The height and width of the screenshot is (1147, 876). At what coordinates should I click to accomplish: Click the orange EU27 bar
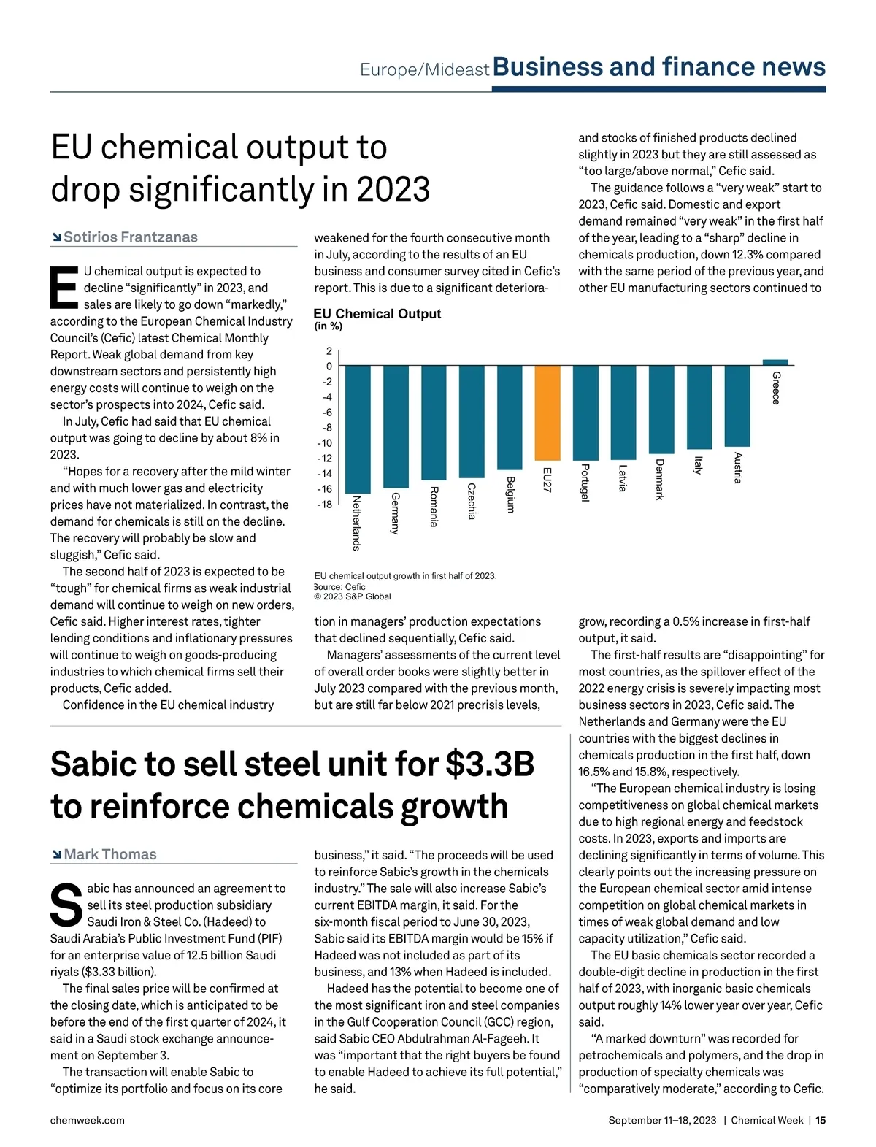(x=547, y=413)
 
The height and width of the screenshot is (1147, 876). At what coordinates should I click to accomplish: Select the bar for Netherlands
(x=358, y=429)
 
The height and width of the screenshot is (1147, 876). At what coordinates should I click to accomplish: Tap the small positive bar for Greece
(x=775, y=361)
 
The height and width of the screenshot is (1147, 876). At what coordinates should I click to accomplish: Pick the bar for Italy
(x=699, y=407)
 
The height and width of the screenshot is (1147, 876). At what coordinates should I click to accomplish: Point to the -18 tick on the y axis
(x=325, y=505)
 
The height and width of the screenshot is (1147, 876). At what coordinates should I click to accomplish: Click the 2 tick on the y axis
(x=328, y=351)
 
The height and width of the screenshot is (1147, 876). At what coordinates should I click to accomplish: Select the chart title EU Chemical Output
(x=377, y=314)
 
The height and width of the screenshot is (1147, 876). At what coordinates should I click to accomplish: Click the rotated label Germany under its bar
(x=395, y=513)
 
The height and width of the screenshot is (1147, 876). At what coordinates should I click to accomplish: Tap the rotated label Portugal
(x=585, y=483)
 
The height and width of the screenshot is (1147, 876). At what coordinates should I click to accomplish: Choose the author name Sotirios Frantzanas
(x=131, y=237)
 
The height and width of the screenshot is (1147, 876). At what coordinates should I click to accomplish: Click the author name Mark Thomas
(x=110, y=854)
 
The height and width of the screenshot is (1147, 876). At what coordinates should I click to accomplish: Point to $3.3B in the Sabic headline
(x=490, y=764)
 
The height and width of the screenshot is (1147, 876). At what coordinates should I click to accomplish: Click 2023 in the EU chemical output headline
(x=393, y=189)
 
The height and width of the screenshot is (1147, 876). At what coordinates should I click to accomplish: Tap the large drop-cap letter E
(x=64, y=288)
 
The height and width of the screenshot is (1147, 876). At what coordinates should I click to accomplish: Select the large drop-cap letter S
(x=66, y=905)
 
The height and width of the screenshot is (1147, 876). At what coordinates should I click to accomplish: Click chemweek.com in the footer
(x=87, y=1120)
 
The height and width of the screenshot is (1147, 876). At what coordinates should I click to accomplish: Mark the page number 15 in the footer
(x=821, y=1120)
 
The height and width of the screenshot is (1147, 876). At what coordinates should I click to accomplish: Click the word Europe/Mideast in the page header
(x=424, y=70)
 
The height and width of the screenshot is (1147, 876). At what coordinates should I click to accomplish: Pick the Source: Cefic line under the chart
(x=340, y=586)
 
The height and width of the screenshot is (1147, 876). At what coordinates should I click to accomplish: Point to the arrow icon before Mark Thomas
(x=56, y=854)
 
